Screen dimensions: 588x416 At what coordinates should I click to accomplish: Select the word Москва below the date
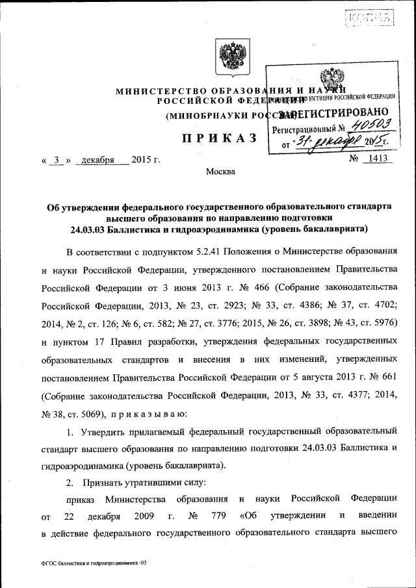click(x=220, y=172)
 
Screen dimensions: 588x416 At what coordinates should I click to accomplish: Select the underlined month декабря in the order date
click(x=95, y=159)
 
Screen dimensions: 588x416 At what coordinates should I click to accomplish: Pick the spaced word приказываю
click(x=149, y=413)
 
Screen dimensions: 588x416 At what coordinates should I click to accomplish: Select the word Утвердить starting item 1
click(x=103, y=431)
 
